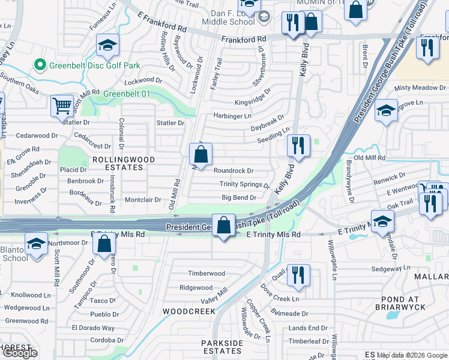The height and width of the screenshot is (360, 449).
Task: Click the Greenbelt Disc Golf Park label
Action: coord(95,65)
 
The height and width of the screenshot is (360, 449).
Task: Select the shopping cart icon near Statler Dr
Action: coord(62,106)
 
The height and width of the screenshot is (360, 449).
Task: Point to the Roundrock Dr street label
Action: coord(234,171)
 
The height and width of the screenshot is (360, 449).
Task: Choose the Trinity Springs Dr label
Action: coord(244,184)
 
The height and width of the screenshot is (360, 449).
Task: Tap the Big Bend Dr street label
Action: coord(239,197)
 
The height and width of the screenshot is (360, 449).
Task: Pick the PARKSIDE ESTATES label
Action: coord(221,347)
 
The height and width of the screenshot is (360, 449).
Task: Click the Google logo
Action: coord(20,353)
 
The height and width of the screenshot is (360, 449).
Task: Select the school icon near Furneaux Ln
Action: coord(107,44)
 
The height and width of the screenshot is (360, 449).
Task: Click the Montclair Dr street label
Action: coord(142,200)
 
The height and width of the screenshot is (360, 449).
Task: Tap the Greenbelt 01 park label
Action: coord(127,94)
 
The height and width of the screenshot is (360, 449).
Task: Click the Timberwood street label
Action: coord(206,274)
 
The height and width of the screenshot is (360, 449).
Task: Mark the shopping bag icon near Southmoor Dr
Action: coord(104,244)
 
